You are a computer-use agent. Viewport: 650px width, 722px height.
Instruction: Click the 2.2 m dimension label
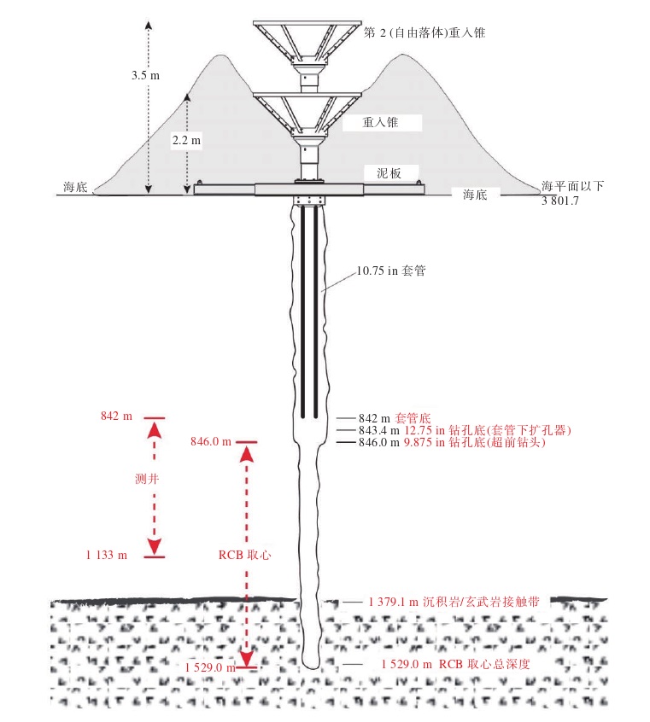(x=185, y=141)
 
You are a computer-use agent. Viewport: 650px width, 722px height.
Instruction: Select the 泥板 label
(x=389, y=172)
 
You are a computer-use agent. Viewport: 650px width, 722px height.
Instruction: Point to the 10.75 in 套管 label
(x=391, y=272)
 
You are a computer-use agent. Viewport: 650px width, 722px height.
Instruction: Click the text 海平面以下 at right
(x=571, y=186)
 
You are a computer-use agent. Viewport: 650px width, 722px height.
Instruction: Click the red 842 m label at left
(x=116, y=416)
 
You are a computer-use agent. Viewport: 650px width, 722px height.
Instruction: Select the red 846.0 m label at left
(x=210, y=441)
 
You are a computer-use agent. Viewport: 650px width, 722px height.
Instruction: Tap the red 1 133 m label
(x=107, y=556)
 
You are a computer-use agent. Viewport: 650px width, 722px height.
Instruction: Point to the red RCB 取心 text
(x=244, y=555)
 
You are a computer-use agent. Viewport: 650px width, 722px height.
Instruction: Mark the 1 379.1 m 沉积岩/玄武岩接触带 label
(x=454, y=602)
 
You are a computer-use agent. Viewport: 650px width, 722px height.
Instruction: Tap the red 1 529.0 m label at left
(x=209, y=667)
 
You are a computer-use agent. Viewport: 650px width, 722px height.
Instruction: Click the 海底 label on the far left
(x=75, y=187)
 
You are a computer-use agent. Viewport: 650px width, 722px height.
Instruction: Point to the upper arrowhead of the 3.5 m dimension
(x=148, y=24)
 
